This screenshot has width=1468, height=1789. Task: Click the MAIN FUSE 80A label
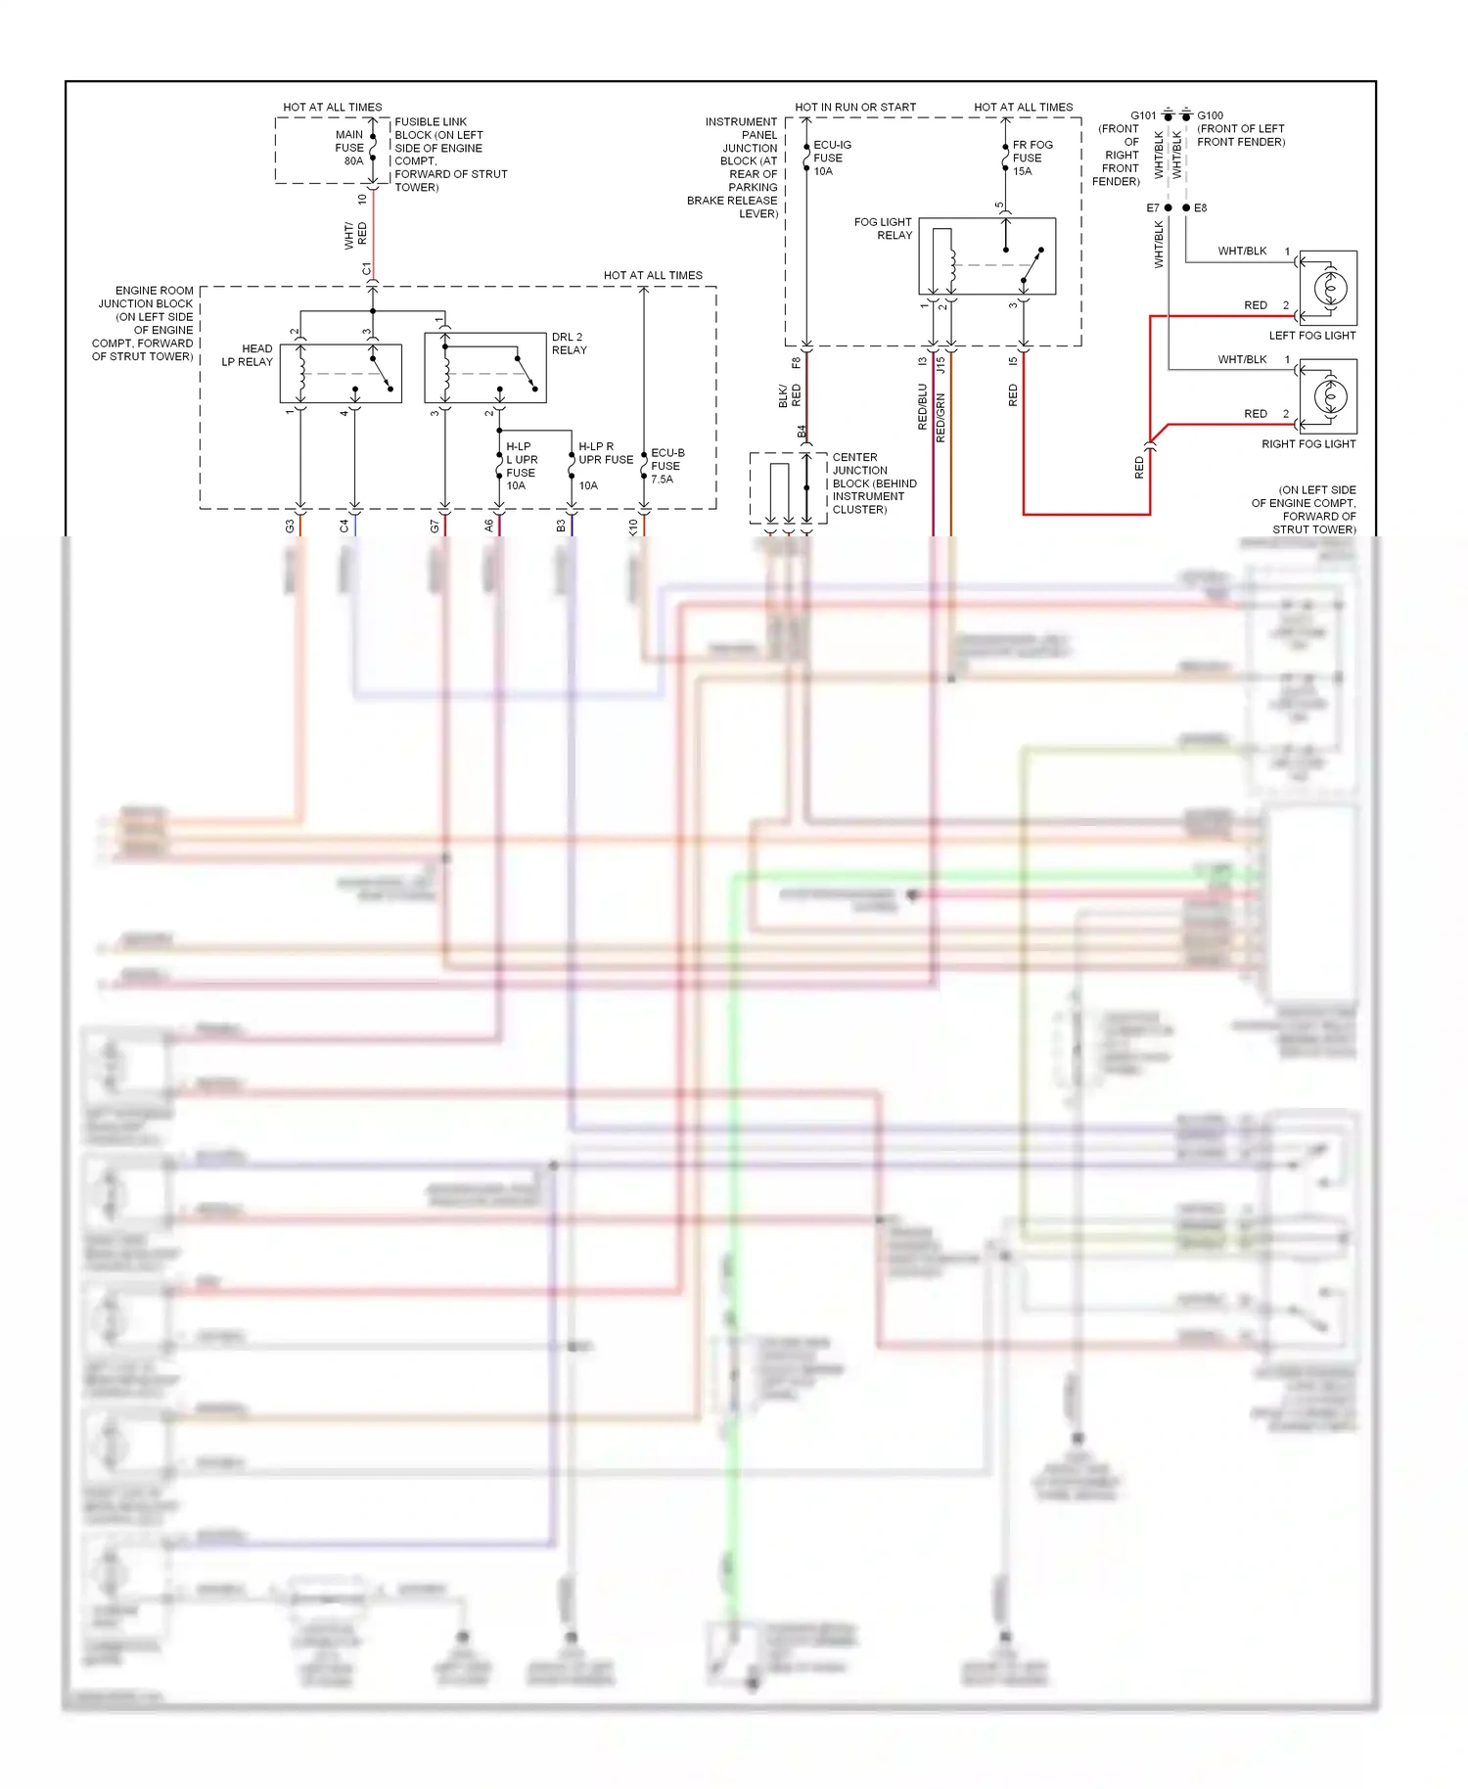tap(349, 148)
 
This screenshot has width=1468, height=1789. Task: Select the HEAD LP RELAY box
tap(341, 373)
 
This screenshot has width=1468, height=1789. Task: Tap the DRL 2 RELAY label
tap(569, 344)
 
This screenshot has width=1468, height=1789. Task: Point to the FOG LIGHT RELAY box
tap(986, 256)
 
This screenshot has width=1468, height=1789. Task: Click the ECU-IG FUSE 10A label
tap(831, 158)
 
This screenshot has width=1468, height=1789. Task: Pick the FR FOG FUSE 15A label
tap(1032, 158)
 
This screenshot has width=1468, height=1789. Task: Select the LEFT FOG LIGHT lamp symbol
tap(1328, 288)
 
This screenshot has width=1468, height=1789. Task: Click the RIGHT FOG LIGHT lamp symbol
tap(1328, 396)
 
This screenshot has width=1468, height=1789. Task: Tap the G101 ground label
tap(1142, 115)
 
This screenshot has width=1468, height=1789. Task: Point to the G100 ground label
tap(1211, 115)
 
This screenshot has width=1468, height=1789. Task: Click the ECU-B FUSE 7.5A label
tap(667, 466)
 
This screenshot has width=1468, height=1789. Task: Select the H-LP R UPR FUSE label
tap(605, 453)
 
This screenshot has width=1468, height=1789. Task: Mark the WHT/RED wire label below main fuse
tap(356, 234)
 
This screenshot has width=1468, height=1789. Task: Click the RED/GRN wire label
tap(940, 418)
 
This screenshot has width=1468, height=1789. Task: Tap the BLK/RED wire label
tap(789, 395)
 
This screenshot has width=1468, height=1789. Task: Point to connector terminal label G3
tap(290, 526)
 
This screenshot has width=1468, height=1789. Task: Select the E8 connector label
tap(1201, 208)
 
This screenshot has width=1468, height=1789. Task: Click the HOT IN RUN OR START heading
tap(855, 107)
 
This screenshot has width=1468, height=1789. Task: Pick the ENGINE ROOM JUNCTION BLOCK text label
tap(144, 323)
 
